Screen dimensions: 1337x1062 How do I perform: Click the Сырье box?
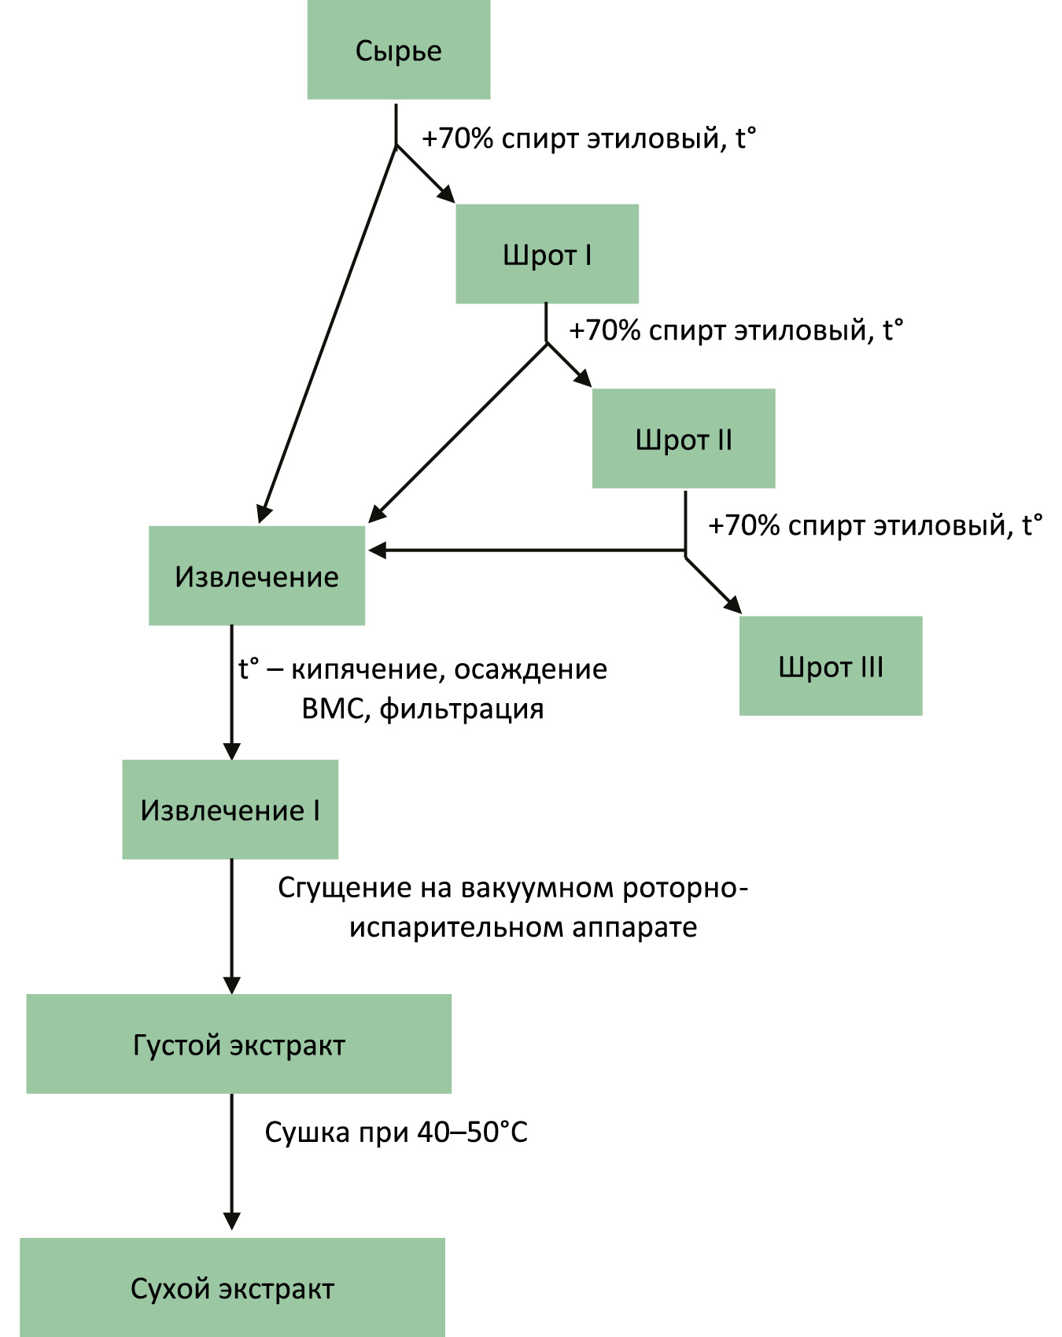398,50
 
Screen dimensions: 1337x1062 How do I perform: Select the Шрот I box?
547,254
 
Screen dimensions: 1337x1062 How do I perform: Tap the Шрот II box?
683,438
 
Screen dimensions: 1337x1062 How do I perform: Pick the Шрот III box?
830,665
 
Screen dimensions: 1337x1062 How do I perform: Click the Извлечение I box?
230,809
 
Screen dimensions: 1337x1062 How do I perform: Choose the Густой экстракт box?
238,1044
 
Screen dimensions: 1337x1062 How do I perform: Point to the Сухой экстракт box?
232,1287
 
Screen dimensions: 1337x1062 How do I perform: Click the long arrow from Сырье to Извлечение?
329,330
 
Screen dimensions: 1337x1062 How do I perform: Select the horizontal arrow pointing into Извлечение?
527,551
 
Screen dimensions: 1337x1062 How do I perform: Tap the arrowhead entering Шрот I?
446,194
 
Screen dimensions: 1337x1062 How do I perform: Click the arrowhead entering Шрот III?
732,604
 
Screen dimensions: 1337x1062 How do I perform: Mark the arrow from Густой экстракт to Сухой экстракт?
231,1160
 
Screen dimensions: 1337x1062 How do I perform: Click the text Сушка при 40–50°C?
396,1132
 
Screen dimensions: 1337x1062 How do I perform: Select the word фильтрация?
462,709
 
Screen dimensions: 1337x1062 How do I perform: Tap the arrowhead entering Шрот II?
583,378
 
